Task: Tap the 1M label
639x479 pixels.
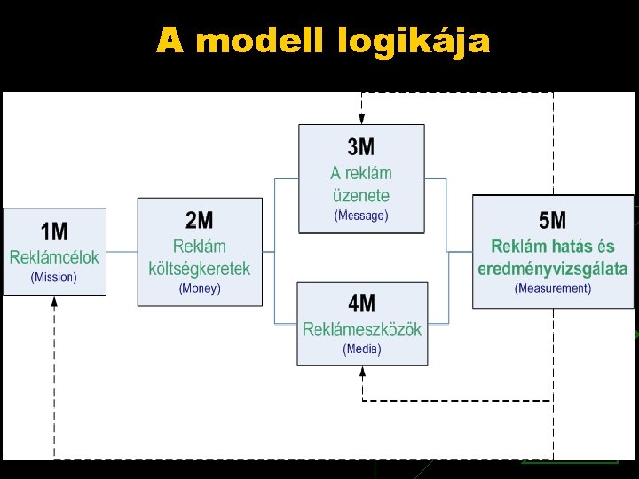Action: coord(54,232)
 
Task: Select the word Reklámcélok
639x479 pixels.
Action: coord(54,257)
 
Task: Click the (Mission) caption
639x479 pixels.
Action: coord(54,277)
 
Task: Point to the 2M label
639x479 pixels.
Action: coord(200,220)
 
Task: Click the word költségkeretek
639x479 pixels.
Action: coord(200,268)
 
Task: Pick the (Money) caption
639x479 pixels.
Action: coord(200,288)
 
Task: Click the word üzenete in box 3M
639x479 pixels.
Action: coord(360,195)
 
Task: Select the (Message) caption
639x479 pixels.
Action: coord(360,216)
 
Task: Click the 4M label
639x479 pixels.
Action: coord(361,304)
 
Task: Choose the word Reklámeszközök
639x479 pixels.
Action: coord(361,330)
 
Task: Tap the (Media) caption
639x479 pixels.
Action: coord(361,349)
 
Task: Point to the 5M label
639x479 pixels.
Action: coord(552,219)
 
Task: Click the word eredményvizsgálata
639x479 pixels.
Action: coord(552,268)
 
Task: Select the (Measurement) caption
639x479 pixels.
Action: coord(552,288)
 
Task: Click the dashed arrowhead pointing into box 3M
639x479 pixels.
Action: coord(361,118)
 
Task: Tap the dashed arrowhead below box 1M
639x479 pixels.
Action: coord(54,302)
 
